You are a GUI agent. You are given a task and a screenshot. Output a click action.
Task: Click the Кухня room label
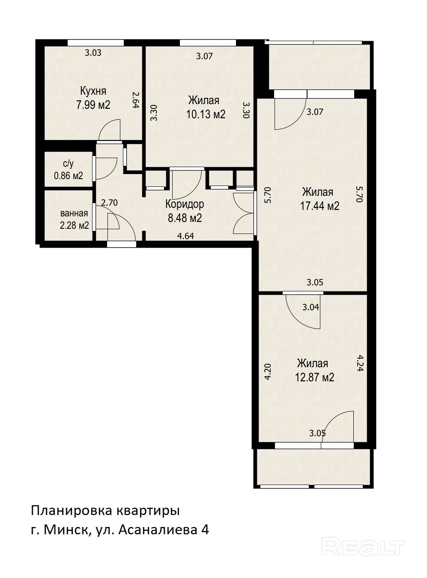(x=93, y=91)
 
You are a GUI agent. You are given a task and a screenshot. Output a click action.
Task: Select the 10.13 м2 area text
(x=206, y=114)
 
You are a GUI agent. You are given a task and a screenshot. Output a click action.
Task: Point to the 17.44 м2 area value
(x=320, y=206)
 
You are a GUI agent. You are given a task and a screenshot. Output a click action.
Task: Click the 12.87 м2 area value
(x=314, y=377)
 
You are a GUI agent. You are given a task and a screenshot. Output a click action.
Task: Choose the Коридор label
(x=185, y=204)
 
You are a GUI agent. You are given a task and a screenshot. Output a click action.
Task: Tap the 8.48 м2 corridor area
(x=185, y=218)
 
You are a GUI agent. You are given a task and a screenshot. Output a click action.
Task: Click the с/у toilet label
(x=68, y=164)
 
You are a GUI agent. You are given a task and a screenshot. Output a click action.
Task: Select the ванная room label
(x=74, y=213)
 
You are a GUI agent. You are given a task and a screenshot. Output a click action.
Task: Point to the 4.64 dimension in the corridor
(x=185, y=236)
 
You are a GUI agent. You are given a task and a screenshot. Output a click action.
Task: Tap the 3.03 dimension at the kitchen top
(x=93, y=53)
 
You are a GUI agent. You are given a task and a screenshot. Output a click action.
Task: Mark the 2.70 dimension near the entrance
(x=109, y=203)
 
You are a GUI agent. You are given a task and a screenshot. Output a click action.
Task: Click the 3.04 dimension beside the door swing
(x=311, y=307)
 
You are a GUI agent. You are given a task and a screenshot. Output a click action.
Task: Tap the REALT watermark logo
(x=363, y=538)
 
